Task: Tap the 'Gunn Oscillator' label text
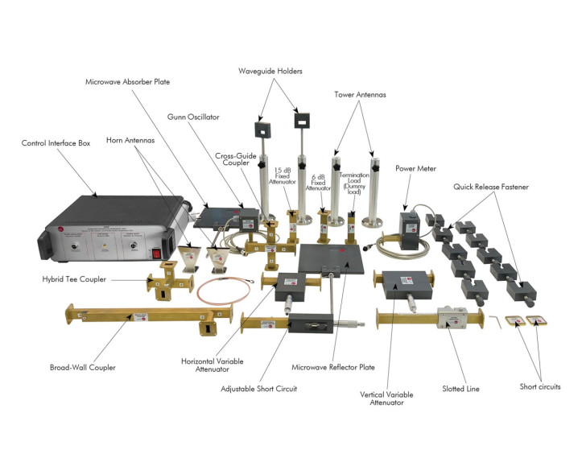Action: [194, 117]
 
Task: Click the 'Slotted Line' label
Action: [461, 389]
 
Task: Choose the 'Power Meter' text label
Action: [415, 169]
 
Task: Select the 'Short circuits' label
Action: [539, 386]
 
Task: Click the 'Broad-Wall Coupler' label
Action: [83, 367]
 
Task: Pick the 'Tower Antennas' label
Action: [361, 94]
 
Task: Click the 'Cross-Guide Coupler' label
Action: [235, 160]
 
